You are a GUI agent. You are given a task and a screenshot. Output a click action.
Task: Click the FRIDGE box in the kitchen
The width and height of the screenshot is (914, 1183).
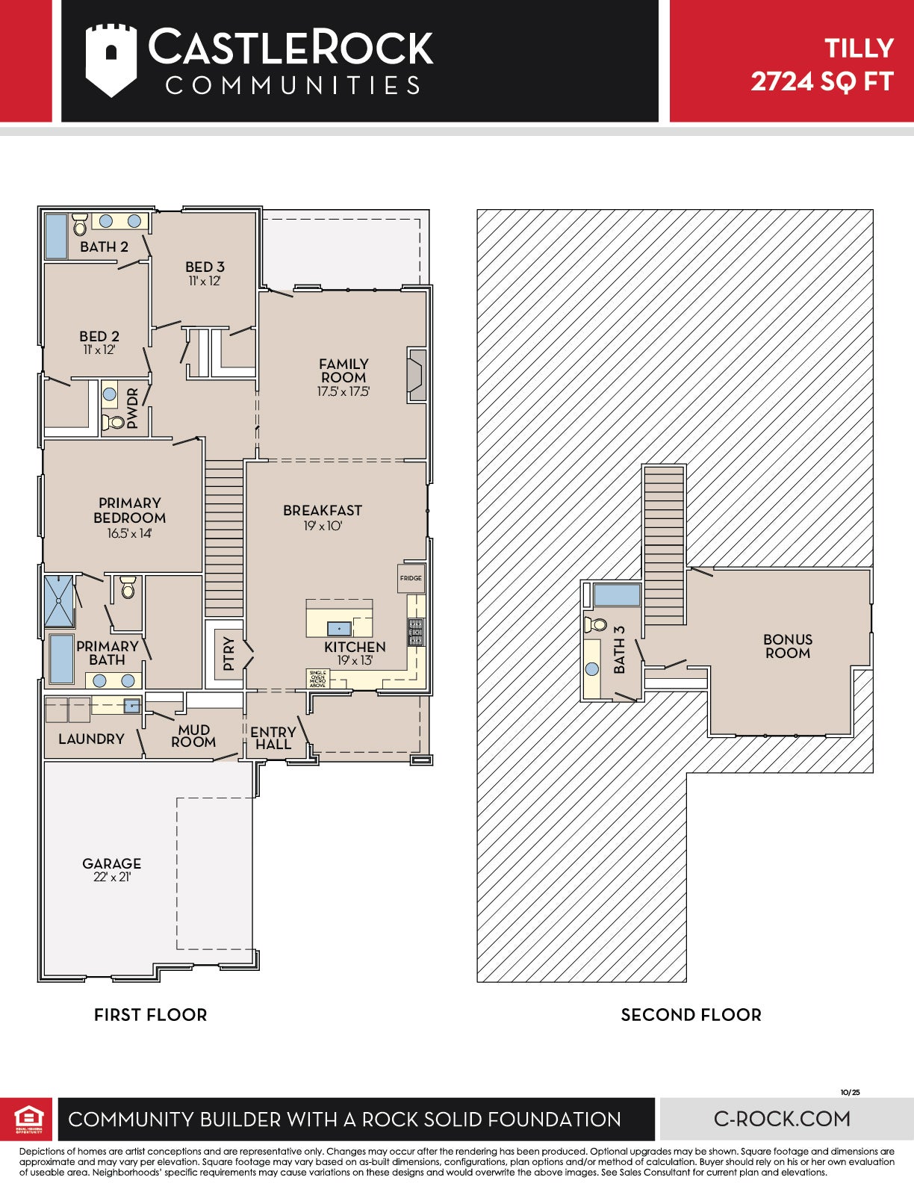click(x=411, y=577)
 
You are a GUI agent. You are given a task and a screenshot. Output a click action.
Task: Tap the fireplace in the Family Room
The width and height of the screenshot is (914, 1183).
click(x=417, y=375)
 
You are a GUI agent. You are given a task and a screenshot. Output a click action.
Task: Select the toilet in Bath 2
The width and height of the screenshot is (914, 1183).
click(x=79, y=224)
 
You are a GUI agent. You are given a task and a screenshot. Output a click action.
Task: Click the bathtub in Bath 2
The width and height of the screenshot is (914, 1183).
click(x=56, y=236)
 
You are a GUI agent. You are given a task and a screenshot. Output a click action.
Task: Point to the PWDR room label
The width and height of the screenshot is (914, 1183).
click(x=132, y=408)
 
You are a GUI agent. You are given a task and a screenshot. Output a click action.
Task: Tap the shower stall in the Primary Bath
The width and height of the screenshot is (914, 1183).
click(x=58, y=600)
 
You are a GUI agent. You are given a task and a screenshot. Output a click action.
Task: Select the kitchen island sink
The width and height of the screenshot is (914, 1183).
click(x=339, y=628)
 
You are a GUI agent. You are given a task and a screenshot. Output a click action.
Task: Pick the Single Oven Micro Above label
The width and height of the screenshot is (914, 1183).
click(x=317, y=678)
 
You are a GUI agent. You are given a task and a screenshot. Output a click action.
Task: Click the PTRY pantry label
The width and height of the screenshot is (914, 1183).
click(x=228, y=653)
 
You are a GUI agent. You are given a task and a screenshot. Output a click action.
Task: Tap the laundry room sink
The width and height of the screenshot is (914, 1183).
click(x=131, y=706)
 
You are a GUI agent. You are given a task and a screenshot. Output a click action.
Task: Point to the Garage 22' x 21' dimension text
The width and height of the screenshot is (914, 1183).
click(x=111, y=877)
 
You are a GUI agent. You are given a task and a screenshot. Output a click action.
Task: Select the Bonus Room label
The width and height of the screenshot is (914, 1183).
click(x=788, y=646)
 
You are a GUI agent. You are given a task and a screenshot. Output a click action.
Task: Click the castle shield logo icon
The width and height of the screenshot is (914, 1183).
click(x=111, y=60)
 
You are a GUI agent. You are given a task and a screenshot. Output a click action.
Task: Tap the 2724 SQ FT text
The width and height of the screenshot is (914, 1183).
click(x=822, y=81)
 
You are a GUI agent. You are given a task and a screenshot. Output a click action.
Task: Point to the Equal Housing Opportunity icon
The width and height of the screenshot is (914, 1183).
click(x=28, y=1120)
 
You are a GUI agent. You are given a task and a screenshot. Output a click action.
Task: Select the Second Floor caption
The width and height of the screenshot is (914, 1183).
click(x=691, y=1015)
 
